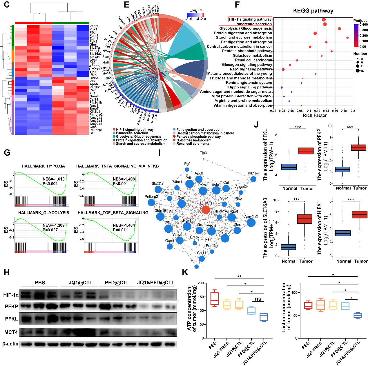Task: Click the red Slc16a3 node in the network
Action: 206,210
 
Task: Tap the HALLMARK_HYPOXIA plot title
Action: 43,166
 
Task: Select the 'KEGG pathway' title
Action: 313,11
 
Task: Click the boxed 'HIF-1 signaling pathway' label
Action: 250,19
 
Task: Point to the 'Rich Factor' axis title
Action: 315,115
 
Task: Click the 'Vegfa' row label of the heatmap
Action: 94,26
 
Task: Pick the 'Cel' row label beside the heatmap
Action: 92,133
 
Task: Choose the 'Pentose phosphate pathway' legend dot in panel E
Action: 174,136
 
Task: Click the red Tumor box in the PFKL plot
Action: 306,151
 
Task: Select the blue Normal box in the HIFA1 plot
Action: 343,233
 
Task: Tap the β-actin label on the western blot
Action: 10,344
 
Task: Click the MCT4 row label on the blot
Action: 11,332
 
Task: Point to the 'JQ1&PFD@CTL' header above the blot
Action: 156,283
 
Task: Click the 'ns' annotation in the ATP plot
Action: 258,299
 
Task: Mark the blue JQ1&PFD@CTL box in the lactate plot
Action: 357,315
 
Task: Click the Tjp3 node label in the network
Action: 203,153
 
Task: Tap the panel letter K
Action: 185,272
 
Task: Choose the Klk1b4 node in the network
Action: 253,179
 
